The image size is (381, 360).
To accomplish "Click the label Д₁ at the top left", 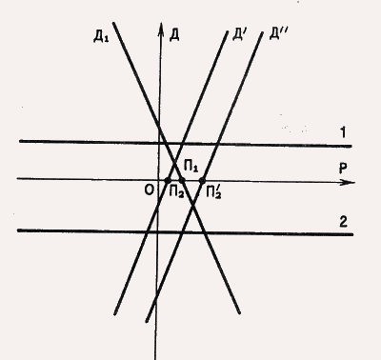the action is point(101,37).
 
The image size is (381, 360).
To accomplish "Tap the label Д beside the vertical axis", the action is point(174,34).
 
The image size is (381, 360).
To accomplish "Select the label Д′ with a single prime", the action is point(238,34).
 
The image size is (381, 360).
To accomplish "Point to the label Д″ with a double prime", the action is point(278,33).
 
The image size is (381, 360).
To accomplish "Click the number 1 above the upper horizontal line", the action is point(343,132).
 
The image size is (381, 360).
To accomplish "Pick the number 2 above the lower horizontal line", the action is point(343,222).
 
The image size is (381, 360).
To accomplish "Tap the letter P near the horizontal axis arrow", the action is point(343,169).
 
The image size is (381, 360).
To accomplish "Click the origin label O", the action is point(149,190).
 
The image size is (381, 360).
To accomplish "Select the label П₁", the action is point(190,167).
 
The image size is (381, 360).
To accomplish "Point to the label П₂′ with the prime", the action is point(213,192).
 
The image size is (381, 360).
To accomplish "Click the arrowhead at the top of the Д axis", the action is point(161,28).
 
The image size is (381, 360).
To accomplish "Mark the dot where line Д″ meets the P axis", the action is point(202,181).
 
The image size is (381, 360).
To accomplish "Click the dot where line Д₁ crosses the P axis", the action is point(182,181).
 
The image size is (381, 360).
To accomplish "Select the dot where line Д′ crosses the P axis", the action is point(168,180).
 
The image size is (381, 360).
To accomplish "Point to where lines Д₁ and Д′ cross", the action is point(174,163).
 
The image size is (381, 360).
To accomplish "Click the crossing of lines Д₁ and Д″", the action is point(193,207).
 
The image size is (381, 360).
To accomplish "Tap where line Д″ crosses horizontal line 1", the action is point(217,144).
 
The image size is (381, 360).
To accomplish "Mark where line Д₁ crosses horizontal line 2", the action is point(205,232).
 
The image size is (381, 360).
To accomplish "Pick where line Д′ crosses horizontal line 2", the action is point(147,231).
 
